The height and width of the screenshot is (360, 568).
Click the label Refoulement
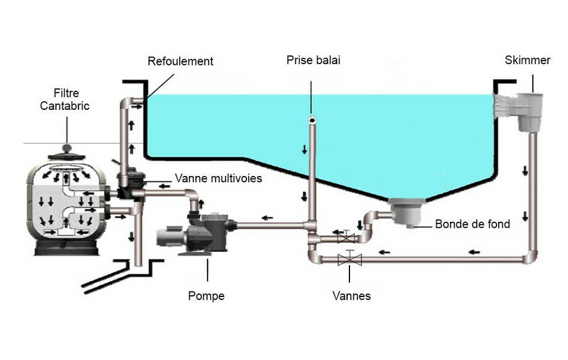[x=180, y=61]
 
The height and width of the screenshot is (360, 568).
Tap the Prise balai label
[x=313, y=60]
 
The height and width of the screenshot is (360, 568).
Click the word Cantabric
[x=65, y=106]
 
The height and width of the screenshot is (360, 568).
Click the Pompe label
[x=206, y=296]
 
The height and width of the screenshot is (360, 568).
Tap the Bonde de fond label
[x=472, y=224]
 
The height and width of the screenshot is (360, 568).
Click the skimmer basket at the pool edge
[x=528, y=112]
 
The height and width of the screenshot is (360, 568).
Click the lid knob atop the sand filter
[x=67, y=151]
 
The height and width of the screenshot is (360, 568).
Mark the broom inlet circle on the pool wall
[x=312, y=119]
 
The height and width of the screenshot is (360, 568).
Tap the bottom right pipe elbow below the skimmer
[x=530, y=256]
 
